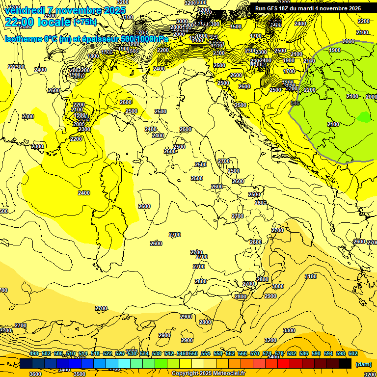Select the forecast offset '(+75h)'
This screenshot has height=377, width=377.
[85, 22]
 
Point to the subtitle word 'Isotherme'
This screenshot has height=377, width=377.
[23, 39]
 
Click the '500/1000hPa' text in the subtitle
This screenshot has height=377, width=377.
[144, 39]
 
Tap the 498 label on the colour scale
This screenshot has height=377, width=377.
[34, 353]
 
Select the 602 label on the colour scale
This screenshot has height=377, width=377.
[353, 353]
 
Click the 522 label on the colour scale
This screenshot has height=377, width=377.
[108, 353]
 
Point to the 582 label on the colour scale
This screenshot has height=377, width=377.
[292, 353]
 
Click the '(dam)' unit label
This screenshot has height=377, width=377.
[363, 364]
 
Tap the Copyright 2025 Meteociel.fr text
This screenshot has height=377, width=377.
[208, 373]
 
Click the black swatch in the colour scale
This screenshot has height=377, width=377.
[345, 363]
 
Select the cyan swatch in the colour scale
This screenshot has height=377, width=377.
[124, 363]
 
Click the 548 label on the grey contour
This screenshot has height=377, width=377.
[295, 103]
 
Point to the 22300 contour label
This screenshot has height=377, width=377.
[16, 67]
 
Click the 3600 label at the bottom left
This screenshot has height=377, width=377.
[35, 374]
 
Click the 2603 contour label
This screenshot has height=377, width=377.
[261, 203]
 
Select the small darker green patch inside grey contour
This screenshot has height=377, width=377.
[364, 117]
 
